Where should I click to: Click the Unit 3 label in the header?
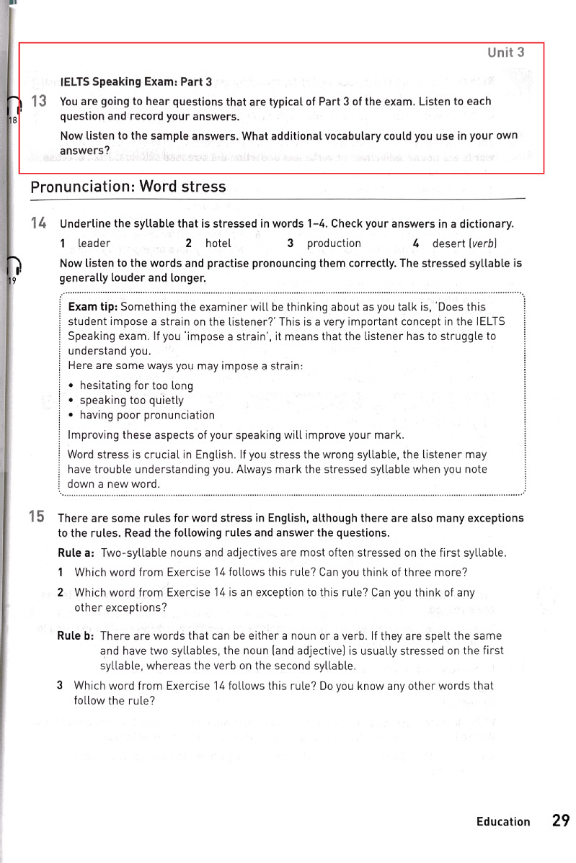[505, 52]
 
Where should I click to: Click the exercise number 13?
[39, 102]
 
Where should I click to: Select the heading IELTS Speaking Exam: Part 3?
[136, 82]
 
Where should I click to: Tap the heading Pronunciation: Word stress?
[128, 187]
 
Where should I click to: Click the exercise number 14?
[39, 224]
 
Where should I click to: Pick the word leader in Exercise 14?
[94, 243]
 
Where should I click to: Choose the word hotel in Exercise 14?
[218, 243]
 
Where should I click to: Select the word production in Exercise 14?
[334, 243]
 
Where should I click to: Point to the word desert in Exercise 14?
[448, 243]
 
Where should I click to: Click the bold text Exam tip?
[93, 307]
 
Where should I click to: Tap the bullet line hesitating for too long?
[126, 385]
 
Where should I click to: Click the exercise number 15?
[37, 517]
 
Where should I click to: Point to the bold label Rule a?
[76, 553]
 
